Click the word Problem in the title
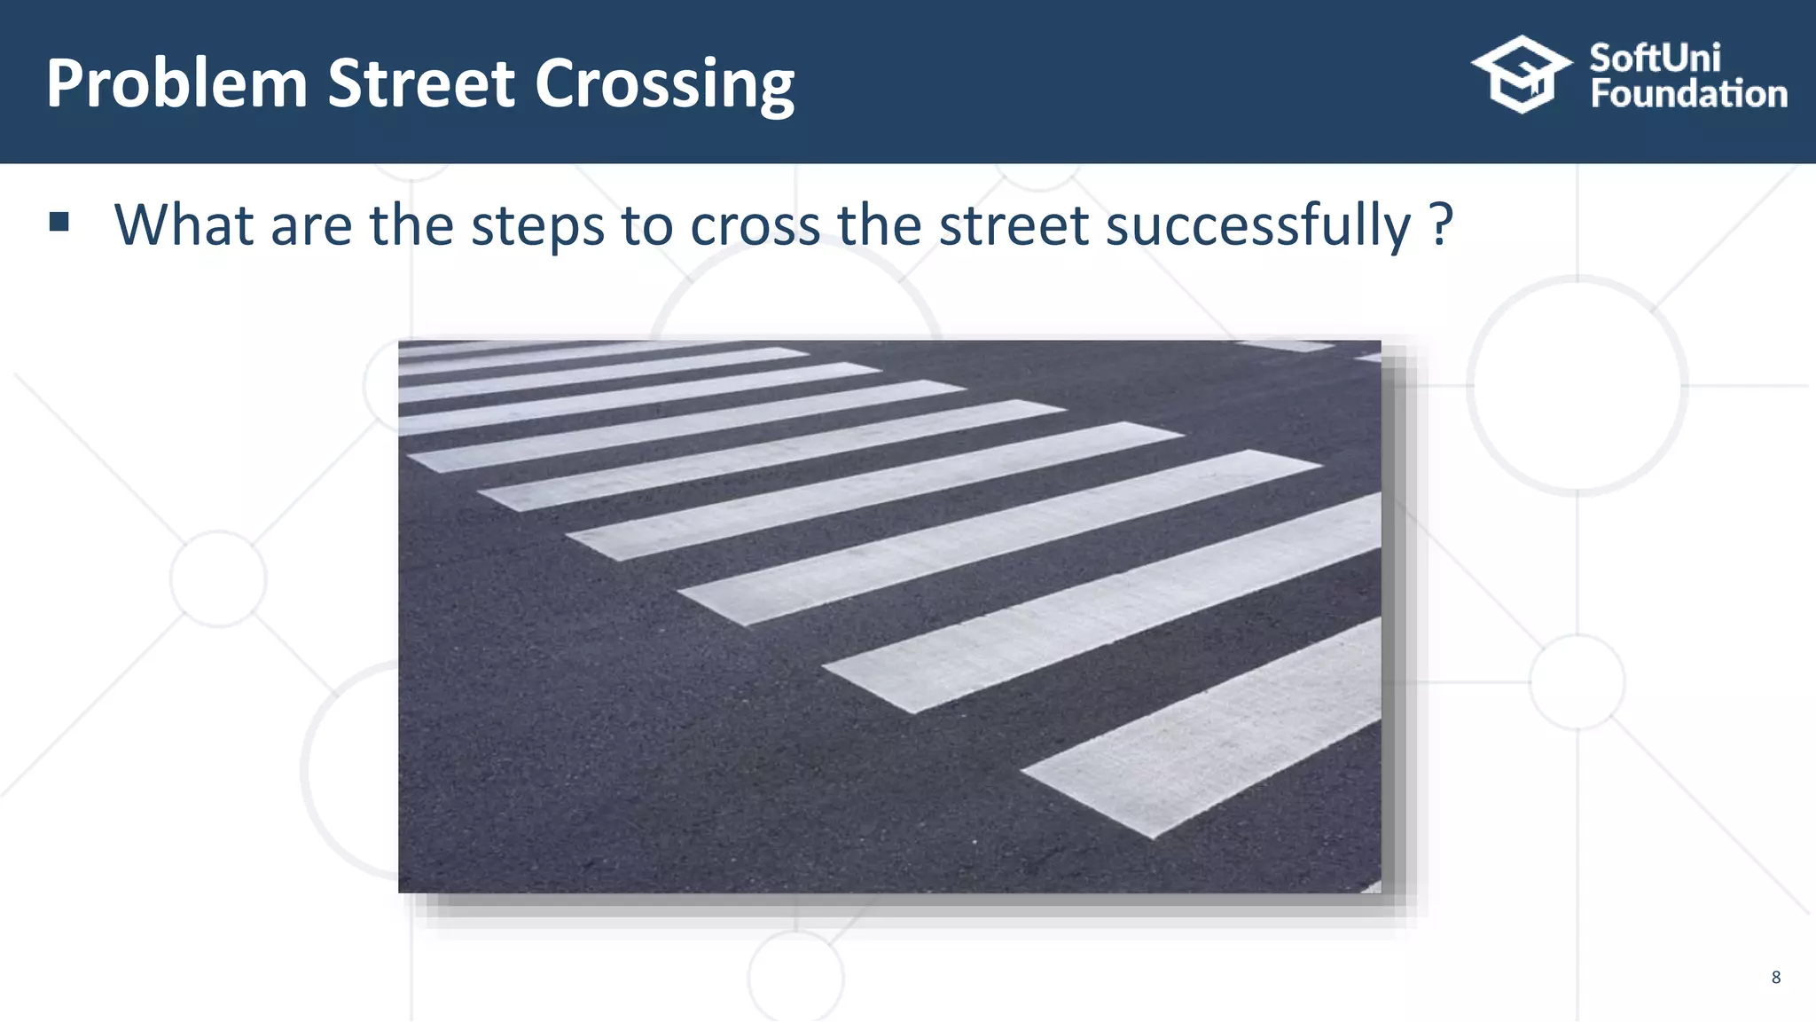tap(176, 83)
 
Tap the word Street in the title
tap(421, 83)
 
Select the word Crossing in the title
tap(664, 85)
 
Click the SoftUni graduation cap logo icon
tap(1522, 75)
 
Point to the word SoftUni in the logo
tap(1655, 59)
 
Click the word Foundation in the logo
tap(1688, 94)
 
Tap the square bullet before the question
tap(59, 222)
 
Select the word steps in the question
tap(537, 226)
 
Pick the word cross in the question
tap(755, 225)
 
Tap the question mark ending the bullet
tap(1442, 224)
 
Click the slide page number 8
tap(1775, 978)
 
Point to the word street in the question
tap(1014, 224)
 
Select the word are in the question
tap(311, 225)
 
